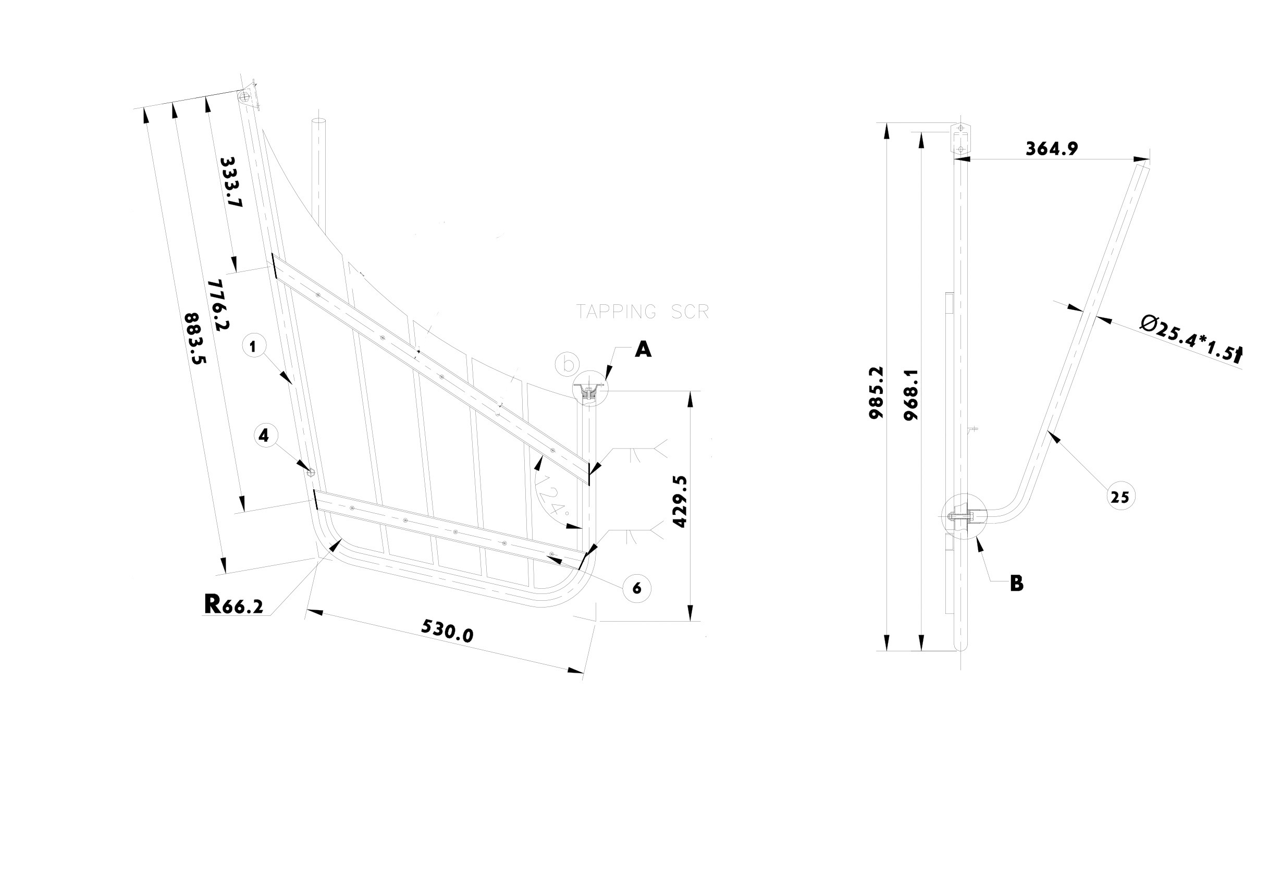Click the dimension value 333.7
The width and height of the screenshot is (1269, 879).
(231, 182)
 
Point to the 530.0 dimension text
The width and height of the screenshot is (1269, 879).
(447, 630)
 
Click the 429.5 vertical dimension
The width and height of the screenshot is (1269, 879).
(681, 501)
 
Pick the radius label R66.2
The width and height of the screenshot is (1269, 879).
(233, 605)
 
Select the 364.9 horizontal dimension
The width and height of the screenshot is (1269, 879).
(1052, 148)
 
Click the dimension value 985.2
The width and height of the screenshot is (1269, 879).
(876, 392)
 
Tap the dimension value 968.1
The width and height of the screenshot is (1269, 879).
(911, 395)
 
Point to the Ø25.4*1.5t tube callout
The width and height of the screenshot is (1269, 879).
(1190, 338)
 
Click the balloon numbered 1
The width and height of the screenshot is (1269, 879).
(253, 346)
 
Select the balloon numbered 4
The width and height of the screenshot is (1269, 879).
(264, 436)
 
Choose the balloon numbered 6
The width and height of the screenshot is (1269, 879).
(637, 588)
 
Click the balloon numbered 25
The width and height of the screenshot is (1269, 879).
(1120, 497)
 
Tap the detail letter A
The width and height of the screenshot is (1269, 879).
(643, 349)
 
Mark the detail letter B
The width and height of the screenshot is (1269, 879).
(1016, 584)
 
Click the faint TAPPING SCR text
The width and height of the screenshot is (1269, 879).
(642, 312)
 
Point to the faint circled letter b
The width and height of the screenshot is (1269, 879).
(568, 364)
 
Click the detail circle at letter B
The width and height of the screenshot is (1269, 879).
(964, 516)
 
